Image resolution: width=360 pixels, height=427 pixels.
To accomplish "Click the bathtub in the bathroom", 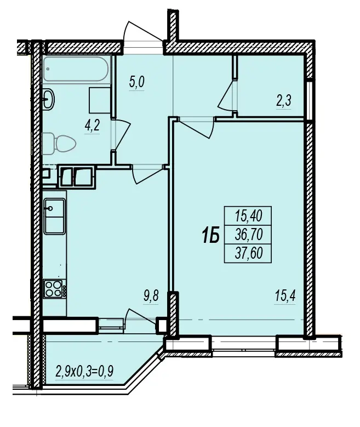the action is (76, 69).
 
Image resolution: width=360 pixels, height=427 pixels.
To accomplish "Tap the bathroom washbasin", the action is (48, 99).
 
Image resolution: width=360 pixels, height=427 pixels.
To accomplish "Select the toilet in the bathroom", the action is (59, 144).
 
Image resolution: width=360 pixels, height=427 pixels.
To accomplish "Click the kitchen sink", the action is (54, 216).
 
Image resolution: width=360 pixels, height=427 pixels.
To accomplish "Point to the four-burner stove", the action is (54, 289).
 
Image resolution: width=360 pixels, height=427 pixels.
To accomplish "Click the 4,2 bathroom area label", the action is (92, 126).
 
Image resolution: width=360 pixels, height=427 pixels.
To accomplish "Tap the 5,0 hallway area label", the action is (136, 82).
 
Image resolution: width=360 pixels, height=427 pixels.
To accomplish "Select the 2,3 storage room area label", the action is (284, 101).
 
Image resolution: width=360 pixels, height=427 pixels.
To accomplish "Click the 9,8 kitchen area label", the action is (151, 296).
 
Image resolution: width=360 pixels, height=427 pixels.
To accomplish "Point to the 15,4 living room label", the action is (285, 296).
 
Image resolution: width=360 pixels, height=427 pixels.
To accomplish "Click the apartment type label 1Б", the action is (210, 236).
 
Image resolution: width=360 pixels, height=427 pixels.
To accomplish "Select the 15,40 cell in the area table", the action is (248, 216).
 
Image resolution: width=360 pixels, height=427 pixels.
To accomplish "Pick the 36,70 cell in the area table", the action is (248, 235).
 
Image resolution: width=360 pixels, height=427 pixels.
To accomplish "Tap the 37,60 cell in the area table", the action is (248, 253).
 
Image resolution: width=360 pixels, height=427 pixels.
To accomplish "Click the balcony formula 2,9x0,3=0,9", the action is (84, 371).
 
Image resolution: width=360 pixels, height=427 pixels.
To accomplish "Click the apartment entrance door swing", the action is (142, 31).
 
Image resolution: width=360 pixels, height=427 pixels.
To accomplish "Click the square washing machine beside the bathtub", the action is (100, 100).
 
